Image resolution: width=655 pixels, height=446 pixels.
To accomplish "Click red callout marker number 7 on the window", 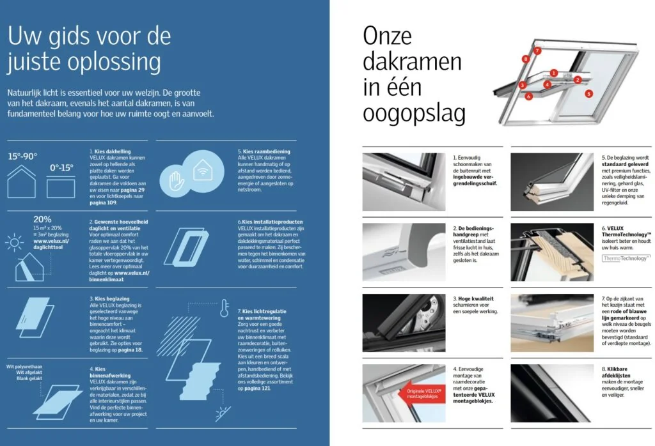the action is [537, 51].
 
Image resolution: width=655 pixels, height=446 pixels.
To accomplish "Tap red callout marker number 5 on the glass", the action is [588, 93].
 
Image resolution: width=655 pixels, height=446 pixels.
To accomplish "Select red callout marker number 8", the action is [526, 59].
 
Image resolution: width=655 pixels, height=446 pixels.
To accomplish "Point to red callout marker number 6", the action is [528, 96].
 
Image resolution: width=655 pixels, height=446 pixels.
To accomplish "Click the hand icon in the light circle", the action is [177, 181].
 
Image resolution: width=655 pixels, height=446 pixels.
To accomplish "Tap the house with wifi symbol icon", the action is [203, 170].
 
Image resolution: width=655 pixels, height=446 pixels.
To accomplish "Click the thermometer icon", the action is [225, 308].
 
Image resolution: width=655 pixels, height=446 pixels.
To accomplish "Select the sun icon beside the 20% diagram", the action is [14, 242].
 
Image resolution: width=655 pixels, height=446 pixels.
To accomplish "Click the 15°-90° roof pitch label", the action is [22, 157].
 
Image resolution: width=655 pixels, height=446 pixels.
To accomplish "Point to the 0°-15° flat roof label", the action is [61, 167].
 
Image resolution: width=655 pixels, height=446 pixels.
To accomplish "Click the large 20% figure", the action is [42, 219].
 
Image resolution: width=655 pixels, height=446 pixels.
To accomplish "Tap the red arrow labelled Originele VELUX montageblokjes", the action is [422, 393].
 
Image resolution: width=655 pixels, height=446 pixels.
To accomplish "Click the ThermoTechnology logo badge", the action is [626, 258].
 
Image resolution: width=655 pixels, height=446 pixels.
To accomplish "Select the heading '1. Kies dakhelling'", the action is [110, 151].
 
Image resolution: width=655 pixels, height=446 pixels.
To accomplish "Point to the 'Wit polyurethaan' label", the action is [24, 367].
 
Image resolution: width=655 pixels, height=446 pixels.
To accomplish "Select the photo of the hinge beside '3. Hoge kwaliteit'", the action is [404, 323].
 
